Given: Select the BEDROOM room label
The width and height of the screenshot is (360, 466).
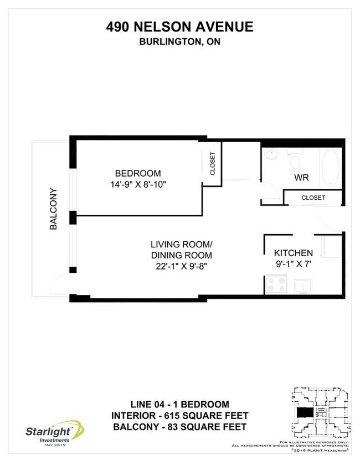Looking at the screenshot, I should tap(138, 173).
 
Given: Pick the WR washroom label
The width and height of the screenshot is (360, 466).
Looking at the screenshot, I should tap(301, 178).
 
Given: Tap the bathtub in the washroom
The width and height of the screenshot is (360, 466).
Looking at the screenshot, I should tap(331, 168).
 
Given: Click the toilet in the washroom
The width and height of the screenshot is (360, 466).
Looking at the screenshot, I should tap(295, 160).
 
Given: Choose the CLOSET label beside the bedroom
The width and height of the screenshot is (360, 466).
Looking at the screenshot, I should tap(213, 164).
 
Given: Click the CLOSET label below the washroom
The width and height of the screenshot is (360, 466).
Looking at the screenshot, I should tap(313, 198).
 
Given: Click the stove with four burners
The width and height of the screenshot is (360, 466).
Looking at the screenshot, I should tap(276, 285).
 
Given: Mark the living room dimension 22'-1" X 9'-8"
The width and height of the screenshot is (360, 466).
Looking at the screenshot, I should tap(182, 266).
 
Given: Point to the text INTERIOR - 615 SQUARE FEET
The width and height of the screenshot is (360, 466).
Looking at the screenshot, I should tap(179, 416).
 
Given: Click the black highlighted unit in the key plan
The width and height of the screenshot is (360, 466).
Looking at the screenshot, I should tap(304, 413).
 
